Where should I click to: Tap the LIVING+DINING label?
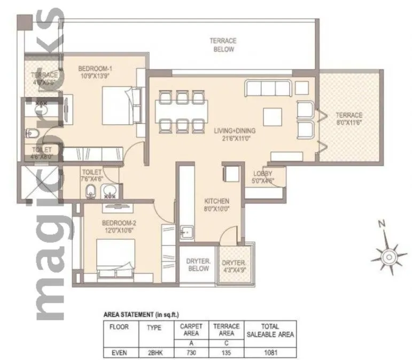click(235, 130)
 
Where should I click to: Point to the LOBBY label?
click(263, 174)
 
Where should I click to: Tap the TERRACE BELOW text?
click(223, 45)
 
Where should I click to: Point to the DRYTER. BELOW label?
click(197, 265)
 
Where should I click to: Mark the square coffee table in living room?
click(273, 117)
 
